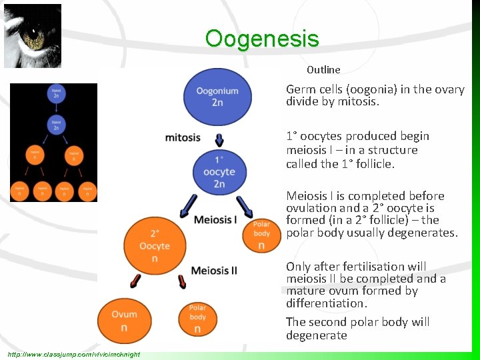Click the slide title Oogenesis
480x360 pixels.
point(262,39)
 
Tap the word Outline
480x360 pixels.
point(323,69)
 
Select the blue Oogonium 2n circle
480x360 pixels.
point(217,97)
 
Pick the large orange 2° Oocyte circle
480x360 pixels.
point(155,245)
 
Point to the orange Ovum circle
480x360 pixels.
point(124,320)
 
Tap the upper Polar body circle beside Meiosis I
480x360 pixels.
point(262,233)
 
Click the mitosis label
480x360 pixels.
point(183,137)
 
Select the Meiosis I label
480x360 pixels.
point(215,220)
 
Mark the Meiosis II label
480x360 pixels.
point(213,270)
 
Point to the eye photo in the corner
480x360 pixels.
point(32,35)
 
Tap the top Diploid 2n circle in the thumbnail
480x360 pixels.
point(56,94)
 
